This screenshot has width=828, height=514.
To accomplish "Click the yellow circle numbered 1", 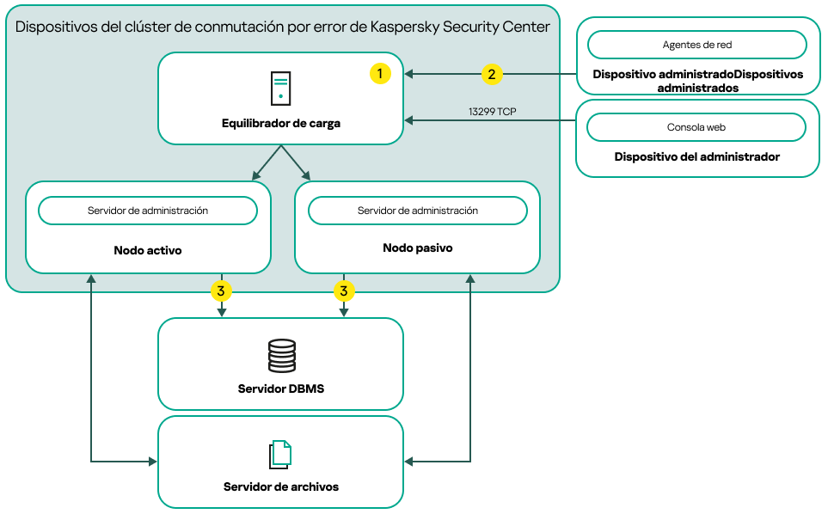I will [x=380, y=74].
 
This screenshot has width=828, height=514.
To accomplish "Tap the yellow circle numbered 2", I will [x=491, y=74].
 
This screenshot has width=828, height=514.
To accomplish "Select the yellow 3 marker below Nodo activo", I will [x=221, y=291].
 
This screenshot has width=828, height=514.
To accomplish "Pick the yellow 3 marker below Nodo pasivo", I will [x=344, y=291].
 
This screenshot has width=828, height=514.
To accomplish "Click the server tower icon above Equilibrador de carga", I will [x=280, y=89].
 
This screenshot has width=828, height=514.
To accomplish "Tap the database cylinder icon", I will [x=281, y=355].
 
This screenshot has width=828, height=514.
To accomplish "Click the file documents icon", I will [x=281, y=454].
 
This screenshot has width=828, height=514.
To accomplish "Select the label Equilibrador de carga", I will [x=281, y=123].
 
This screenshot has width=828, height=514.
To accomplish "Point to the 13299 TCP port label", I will [x=493, y=112].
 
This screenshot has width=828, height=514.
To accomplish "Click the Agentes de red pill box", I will [x=696, y=45].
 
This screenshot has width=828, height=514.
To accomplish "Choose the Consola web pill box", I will [x=696, y=127].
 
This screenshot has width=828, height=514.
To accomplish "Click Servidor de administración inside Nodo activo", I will [x=148, y=211].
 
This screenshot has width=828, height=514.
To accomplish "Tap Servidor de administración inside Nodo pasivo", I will [x=418, y=211].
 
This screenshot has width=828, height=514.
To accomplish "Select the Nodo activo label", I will [x=148, y=250].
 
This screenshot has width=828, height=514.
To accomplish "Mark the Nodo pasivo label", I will [x=418, y=248].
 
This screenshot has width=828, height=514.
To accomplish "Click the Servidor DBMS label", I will [x=281, y=389].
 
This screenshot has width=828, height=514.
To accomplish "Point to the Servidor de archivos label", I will [x=281, y=486].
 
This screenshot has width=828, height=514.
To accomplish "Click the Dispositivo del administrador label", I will [x=697, y=157].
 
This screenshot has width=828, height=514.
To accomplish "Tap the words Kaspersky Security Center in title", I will [x=459, y=27].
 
